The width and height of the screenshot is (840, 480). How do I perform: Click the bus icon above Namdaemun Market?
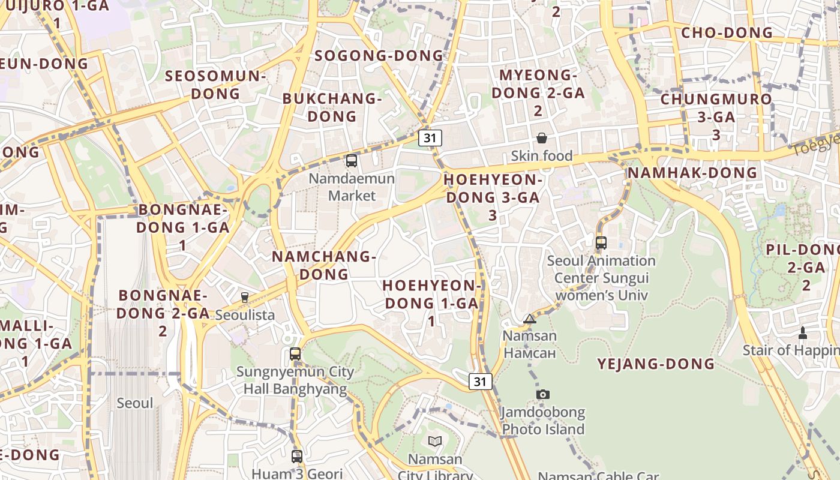point(352,161)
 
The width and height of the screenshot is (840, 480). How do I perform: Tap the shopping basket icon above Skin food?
point(542,139)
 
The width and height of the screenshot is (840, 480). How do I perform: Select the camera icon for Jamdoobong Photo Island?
point(543,394)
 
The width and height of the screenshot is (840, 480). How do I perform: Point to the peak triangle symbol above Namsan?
point(529,319)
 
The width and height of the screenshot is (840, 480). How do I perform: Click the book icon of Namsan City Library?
point(435,442)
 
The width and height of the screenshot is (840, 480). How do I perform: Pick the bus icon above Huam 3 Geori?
point(296,457)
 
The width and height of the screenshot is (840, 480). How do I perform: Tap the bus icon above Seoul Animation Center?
point(601,243)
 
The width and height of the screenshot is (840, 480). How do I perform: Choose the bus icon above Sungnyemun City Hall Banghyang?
point(295,354)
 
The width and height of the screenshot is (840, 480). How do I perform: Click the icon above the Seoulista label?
point(245,297)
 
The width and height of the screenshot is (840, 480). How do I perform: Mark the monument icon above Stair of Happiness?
point(803,333)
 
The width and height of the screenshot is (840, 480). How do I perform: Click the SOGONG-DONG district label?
point(379,56)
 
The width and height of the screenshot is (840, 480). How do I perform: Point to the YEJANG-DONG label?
point(656,364)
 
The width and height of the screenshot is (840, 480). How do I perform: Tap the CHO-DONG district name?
point(727,33)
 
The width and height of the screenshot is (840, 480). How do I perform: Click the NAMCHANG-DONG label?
point(324,265)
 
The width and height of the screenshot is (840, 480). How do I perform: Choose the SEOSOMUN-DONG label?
point(215,85)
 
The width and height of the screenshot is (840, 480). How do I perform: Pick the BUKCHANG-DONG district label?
point(332,107)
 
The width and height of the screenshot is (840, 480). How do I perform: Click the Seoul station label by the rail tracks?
point(135,403)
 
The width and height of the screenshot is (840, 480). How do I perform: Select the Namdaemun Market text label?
point(352,187)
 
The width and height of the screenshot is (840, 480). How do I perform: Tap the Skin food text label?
point(542,156)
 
